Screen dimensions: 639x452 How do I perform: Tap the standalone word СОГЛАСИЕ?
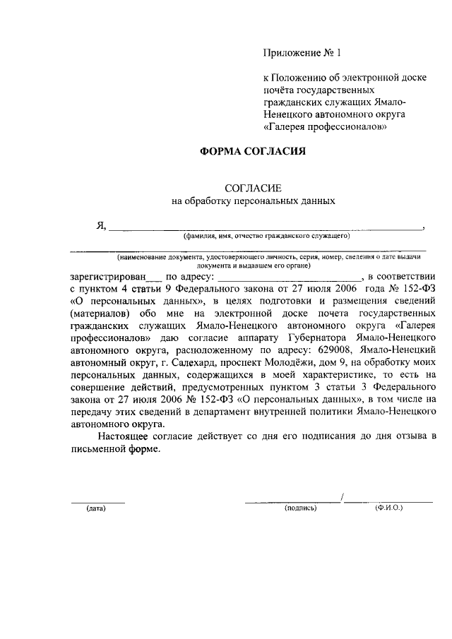[253, 189]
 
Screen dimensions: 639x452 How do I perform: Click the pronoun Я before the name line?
[101, 226]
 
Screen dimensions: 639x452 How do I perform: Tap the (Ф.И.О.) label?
[389, 508]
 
